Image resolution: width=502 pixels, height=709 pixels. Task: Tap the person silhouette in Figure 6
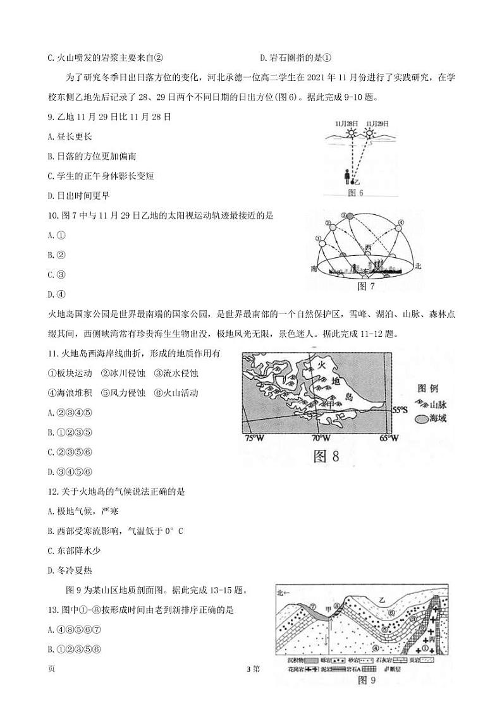(346, 178)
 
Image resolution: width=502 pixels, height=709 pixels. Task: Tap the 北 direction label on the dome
(418, 267)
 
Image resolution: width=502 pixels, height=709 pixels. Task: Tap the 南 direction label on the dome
(314, 269)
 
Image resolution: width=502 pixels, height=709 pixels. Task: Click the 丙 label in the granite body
(432, 639)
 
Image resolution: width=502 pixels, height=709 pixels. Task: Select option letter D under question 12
(50, 571)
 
